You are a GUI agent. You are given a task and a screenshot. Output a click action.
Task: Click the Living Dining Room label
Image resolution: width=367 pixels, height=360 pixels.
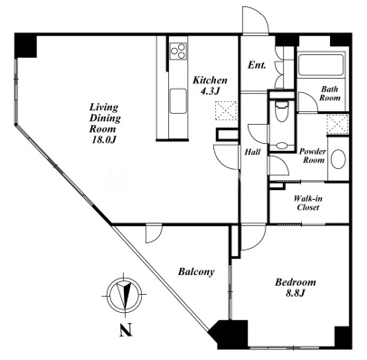pyautogui.click(x=105, y=118)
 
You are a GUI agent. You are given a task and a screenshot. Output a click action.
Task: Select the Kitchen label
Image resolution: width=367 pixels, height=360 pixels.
pyautogui.click(x=210, y=81)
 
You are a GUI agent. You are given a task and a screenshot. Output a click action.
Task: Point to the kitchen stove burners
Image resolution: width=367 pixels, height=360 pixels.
pyautogui.click(x=178, y=51)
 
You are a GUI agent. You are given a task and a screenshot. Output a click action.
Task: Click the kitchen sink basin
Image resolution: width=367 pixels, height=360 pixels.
pyautogui.click(x=178, y=101)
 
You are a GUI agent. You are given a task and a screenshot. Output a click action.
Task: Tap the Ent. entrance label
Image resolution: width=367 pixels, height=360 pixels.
pyautogui.click(x=257, y=65)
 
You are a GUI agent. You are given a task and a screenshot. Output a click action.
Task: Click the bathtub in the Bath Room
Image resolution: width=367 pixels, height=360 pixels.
pyautogui.click(x=321, y=65)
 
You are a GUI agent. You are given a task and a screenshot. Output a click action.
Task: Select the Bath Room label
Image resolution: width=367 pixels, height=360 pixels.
pyautogui.click(x=330, y=93)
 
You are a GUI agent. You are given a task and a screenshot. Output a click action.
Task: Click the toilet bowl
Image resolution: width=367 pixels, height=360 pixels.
pyautogui.click(x=281, y=111)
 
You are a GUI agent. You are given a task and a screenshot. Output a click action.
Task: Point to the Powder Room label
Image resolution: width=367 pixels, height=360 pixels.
pyautogui.click(x=313, y=156)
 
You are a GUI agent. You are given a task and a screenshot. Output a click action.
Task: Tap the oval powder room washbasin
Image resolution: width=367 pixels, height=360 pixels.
pyautogui.click(x=338, y=159)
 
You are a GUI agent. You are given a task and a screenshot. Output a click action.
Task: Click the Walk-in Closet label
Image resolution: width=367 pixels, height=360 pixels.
pyautogui.click(x=308, y=203)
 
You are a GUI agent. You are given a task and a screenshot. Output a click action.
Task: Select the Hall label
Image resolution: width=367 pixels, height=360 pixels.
pyautogui.click(x=252, y=152)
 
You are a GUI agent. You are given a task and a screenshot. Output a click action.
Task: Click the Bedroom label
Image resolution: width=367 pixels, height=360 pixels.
pyautogui.click(x=296, y=282)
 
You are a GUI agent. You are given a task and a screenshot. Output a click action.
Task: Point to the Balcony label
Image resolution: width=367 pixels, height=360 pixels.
pyautogui.click(x=196, y=271)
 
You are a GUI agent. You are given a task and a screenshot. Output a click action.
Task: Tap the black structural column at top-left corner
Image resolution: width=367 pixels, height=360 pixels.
pyautogui.click(x=25, y=45)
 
